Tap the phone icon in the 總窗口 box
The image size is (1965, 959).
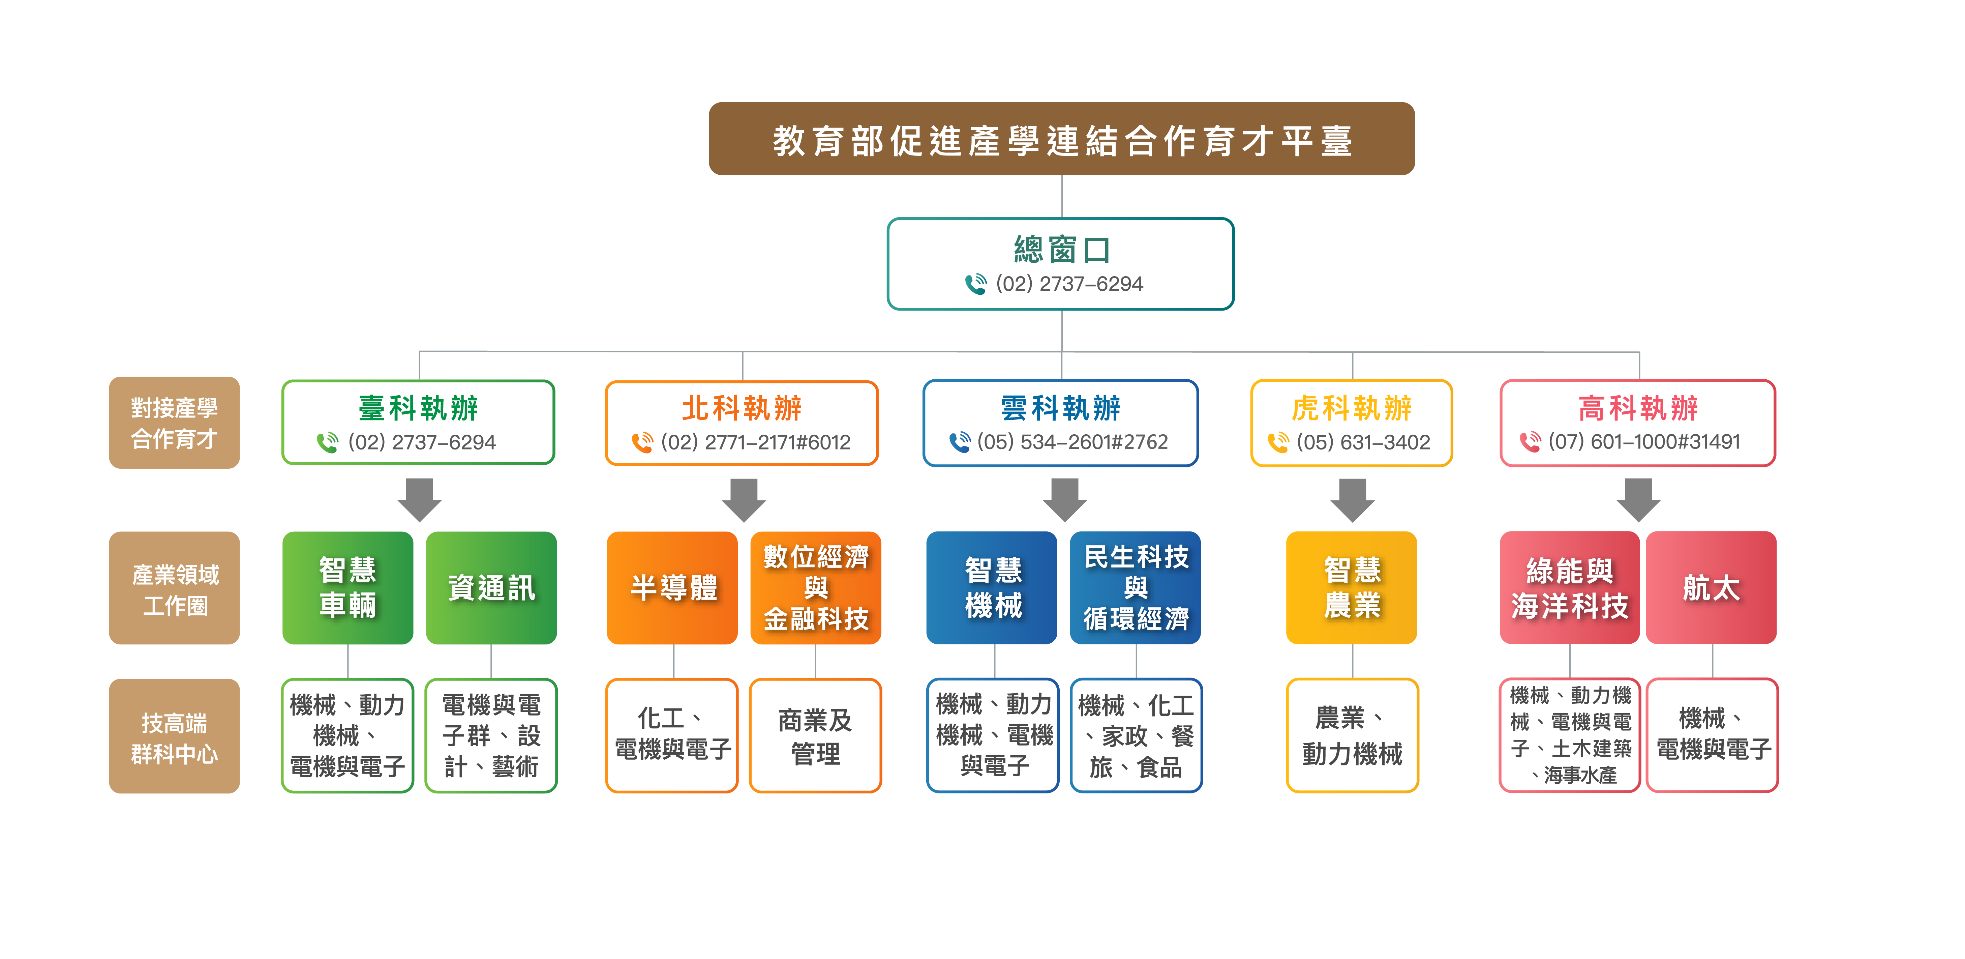[x=976, y=284]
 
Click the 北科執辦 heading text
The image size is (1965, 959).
[x=742, y=408]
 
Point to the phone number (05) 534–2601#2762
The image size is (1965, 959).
[x=1072, y=442]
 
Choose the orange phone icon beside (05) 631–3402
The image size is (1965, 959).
[x=1278, y=442]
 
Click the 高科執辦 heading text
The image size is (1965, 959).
[x=1638, y=408]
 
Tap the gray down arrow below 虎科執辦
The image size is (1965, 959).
[x=1353, y=500]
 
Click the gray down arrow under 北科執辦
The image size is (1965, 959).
[x=744, y=500]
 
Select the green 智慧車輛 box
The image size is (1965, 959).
[x=348, y=587]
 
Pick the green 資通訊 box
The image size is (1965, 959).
[x=491, y=587]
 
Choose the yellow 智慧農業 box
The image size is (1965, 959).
[x=1352, y=587]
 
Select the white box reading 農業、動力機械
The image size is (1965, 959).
[x=1352, y=735]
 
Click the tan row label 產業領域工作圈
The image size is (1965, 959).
[x=175, y=588]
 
